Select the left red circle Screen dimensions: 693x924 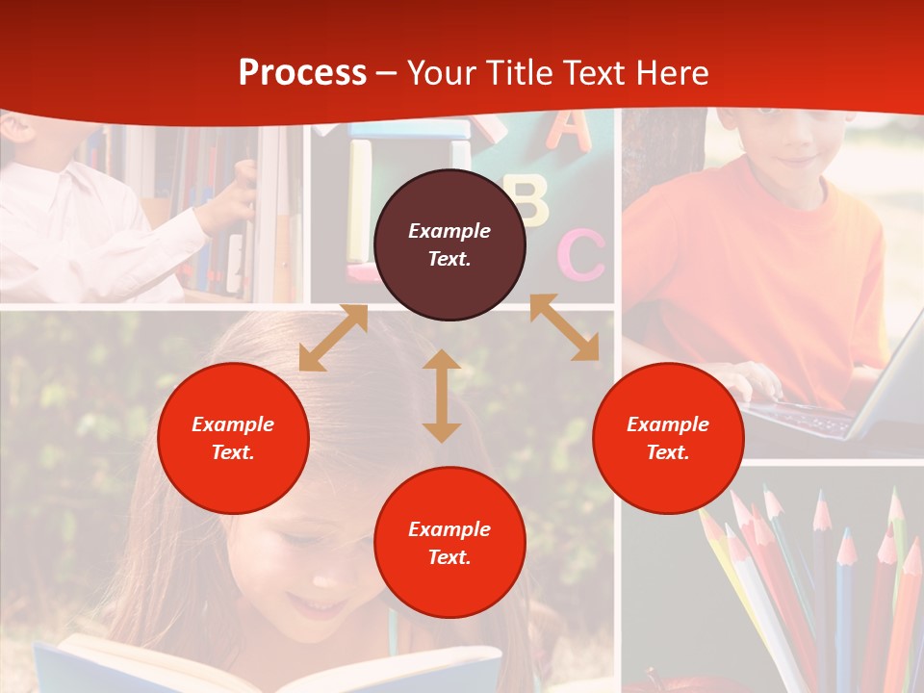tap(233, 438)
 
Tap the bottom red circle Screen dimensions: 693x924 tap(449, 542)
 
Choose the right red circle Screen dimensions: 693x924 tap(668, 438)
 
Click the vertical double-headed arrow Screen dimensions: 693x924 tap(442, 396)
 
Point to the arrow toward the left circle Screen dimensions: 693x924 tap(333, 338)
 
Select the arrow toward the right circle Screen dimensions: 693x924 tap(565, 327)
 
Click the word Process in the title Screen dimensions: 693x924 tap(302, 73)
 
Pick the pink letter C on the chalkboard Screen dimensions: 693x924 tap(582, 255)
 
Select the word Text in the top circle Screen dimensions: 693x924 tap(449, 258)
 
